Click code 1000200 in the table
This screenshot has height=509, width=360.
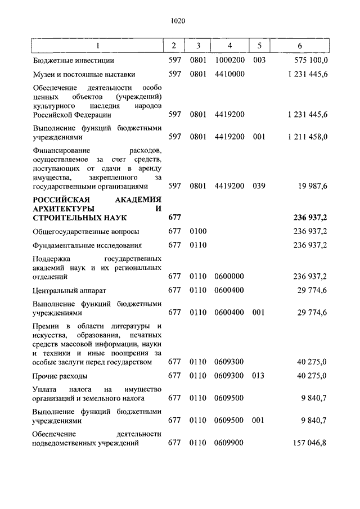(x=229, y=60)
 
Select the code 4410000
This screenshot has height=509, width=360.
(x=229, y=74)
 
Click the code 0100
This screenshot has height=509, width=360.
(x=199, y=231)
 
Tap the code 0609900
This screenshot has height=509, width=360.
(x=229, y=443)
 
